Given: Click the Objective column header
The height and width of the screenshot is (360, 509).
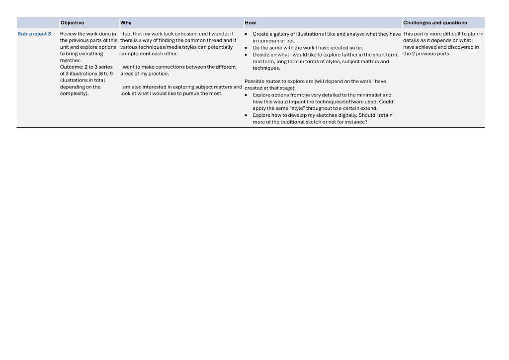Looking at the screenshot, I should coord(72,23).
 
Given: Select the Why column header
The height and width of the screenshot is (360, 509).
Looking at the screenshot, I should coord(126,23).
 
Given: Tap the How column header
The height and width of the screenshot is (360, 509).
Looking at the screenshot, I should coord(250,23).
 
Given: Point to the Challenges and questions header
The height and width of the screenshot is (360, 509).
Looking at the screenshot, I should coord(435,23).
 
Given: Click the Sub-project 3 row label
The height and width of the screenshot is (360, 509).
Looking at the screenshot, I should coord(34,34).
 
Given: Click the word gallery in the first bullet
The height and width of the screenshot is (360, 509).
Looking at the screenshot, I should coord(281,34).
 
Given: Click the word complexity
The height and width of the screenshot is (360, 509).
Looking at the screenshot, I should coord(74,93).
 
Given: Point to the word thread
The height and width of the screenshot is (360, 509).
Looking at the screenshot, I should coord(214,40).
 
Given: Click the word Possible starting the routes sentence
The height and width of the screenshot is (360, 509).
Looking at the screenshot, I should coord(254,82).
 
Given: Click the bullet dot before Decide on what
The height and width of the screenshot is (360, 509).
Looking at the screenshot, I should coord(247,55).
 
